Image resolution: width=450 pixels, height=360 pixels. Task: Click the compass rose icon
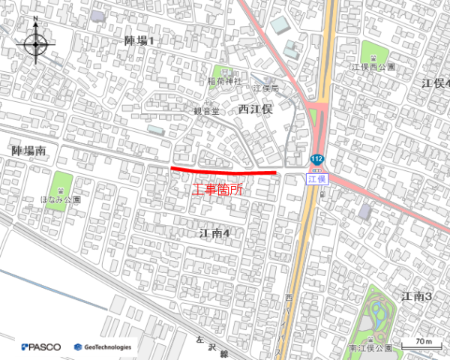(36, 44)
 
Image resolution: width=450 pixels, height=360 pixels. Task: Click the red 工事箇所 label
(218, 190)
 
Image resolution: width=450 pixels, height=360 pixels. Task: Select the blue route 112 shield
(317, 159)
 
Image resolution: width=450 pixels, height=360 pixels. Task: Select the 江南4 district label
(214, 233)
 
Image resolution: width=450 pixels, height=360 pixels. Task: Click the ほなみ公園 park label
(60, 200)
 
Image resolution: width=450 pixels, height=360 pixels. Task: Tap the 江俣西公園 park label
(373, 67)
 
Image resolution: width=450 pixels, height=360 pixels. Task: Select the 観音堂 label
(206, 111)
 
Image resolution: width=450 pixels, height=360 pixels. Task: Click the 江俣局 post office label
(265, 88)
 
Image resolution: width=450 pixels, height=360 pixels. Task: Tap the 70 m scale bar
(421, 343)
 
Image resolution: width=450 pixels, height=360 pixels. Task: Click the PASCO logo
(41, 346)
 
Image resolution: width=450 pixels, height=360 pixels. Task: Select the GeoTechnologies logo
(103, 346)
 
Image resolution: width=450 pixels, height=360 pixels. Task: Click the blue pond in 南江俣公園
(378, 307)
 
